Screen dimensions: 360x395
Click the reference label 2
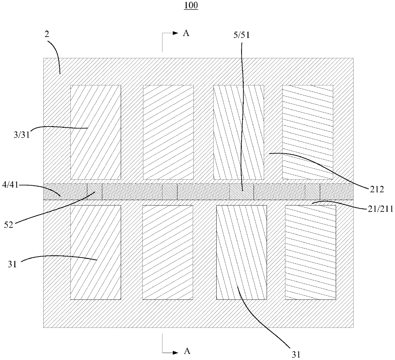point(47,35)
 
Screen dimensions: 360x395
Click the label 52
point(9,225)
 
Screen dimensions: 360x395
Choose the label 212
point(377,190)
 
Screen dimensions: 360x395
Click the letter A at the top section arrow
point(186,33)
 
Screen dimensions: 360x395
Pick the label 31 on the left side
point(12,264)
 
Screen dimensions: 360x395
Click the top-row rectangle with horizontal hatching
point(307,132)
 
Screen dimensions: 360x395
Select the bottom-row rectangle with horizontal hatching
point(310,252)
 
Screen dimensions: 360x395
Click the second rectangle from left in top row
point(168,132)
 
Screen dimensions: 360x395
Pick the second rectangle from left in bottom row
point(168,252)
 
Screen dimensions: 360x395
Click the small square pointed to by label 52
point(95,192)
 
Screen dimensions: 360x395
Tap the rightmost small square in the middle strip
point(312,192)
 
